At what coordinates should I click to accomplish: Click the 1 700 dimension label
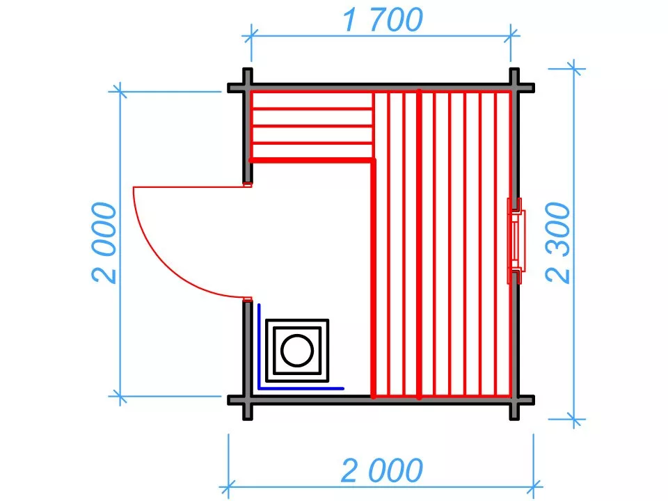[x=383, y=19]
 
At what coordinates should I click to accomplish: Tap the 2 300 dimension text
[x=557, y=243]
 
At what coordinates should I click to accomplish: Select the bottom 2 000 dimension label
[x=382, y=470]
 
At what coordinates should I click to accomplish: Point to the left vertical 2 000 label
[x=104, y=243]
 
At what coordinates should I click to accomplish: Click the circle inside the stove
[x=297, y=350]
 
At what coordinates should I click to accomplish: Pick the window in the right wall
[x=516, y=241]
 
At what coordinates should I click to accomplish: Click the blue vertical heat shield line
[x=259, y=346]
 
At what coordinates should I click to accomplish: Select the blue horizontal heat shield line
[x=301, y=388]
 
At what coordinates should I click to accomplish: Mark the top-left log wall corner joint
[x=248, y=88]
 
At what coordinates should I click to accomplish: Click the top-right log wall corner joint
[x=515, y=88]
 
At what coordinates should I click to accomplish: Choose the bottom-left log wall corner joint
[x=248, y=400]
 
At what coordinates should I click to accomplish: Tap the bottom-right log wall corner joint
[x=515, y=400]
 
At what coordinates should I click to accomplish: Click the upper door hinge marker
[x=247, y=184]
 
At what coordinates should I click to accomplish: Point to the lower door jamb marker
[x=247, y=299]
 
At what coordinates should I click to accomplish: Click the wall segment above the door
[x=248, y=133]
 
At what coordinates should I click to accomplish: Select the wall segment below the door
[x=248, y=350]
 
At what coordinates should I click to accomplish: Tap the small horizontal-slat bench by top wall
[x=312, y=126]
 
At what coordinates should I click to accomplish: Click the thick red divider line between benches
[x=419, y=244]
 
